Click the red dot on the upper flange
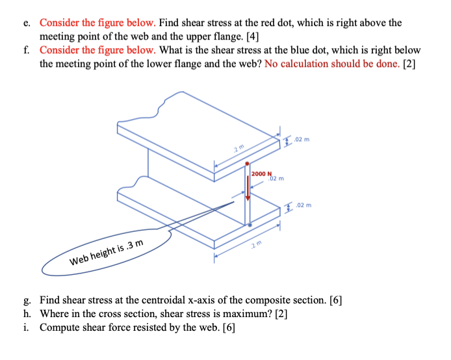[247, 164]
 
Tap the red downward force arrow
[247, 195]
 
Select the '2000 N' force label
[261, 174]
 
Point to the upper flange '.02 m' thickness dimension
[302, 139]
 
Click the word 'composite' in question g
[261, 300]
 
